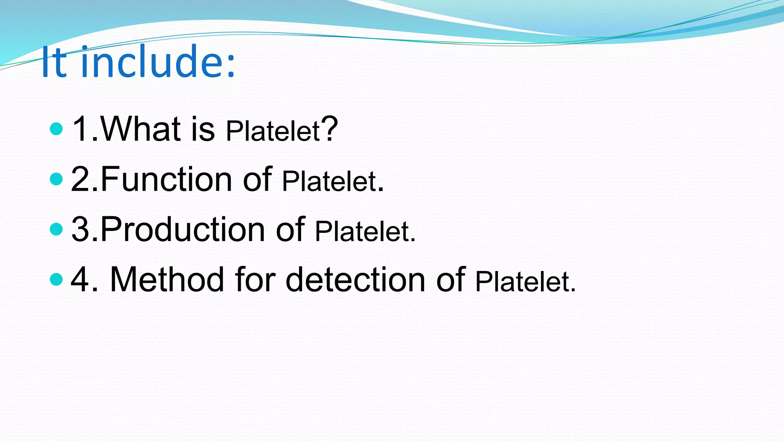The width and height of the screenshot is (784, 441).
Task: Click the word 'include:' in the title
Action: click(158, 62)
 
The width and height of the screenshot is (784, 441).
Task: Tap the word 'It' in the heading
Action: click(54, 62)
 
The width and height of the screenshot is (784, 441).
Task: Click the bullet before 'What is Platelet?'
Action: click(56, 129)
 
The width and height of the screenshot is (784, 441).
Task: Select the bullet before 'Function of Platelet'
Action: click(56, 179)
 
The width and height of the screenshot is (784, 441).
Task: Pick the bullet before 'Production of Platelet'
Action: click(56, 229)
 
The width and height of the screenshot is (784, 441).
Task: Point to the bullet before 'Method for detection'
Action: click(56, 279)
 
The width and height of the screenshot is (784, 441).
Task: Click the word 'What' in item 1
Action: click(140, 129)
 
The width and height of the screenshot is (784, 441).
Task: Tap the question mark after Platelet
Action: click(330, 129)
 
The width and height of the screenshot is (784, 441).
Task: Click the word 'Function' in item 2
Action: click(167, 179)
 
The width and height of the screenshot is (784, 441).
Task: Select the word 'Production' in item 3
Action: click(183, 229)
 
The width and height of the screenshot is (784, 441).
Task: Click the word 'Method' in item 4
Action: click(167, 279)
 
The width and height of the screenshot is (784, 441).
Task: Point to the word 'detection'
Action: click(355, 279)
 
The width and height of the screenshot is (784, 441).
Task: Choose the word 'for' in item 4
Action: click(255, 279)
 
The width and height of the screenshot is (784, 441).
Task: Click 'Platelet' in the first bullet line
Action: click(273, 131)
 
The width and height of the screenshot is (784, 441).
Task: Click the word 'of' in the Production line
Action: click(290, 229)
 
